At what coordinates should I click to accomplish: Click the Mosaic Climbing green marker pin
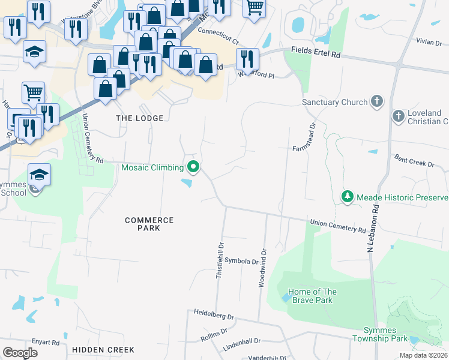193,167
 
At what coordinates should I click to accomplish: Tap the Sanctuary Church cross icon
377,101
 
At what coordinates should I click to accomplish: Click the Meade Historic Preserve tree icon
347,197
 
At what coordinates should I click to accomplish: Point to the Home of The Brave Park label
312,296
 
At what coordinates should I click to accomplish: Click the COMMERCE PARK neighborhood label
149,224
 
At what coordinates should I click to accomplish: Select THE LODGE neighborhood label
139,118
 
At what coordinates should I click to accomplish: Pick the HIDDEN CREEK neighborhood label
99,349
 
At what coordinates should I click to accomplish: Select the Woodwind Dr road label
262,268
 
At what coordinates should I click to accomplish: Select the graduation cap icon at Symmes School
40,175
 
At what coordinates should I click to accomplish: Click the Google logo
20,352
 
